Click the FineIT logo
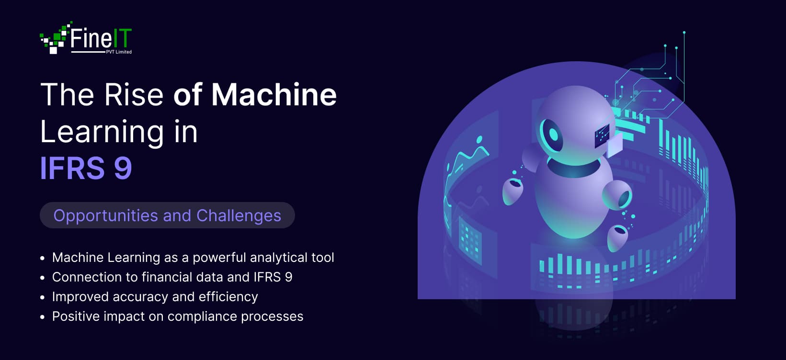(86, 38)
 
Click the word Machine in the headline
(274, 94)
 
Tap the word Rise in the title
(134, 94)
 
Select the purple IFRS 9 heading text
(86, 168)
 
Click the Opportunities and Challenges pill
(167, 215)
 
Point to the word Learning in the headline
(102, 132)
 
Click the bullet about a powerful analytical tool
(193, 258)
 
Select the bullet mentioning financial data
(172, 277)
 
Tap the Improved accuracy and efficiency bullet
(155, 297)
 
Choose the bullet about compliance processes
(177, 316)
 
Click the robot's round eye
(552, 134)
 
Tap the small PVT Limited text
(119, 52)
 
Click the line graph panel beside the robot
(467, 158)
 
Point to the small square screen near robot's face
(602, 135)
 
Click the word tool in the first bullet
(322, 258)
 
